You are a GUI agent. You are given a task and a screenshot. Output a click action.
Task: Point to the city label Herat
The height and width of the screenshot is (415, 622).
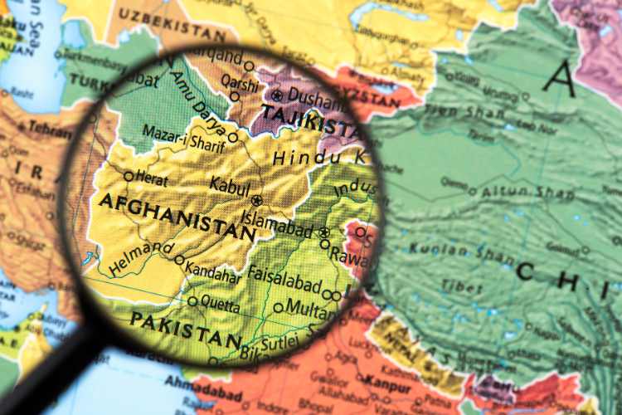point(150,179)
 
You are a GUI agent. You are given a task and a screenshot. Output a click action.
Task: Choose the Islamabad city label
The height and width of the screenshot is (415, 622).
point(279,222)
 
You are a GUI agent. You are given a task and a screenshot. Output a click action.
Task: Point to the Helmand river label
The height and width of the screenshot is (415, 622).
point(140,258)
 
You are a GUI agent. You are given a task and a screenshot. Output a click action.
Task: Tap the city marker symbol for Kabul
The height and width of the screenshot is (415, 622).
point(256,200)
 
